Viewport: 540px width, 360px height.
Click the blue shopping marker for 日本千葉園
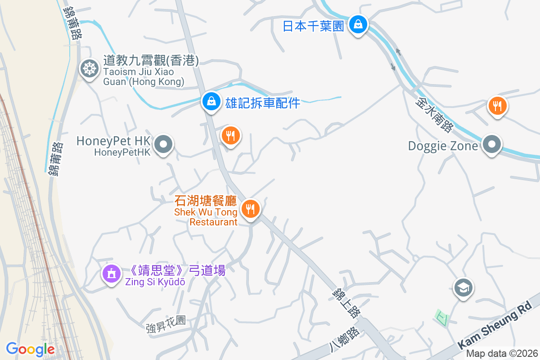click(x=358, y=24)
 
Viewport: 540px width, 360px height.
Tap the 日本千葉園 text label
click(x=313, y=26)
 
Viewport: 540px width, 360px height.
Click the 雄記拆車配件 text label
click(x=262, y=103)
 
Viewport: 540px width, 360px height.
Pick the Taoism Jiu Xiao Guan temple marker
click(x=89, y=69)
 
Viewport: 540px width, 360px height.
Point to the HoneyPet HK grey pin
click(x=163, y=145)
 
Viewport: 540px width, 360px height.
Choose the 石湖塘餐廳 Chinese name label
click(x=206, y=200)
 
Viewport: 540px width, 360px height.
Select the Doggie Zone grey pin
click(x=492, y=145)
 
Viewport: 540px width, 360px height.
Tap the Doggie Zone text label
click(x=443, y=146)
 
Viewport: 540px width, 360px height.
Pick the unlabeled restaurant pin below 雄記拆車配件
click(x=230, y=135)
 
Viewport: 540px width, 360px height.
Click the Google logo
click(x=30, y=349)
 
